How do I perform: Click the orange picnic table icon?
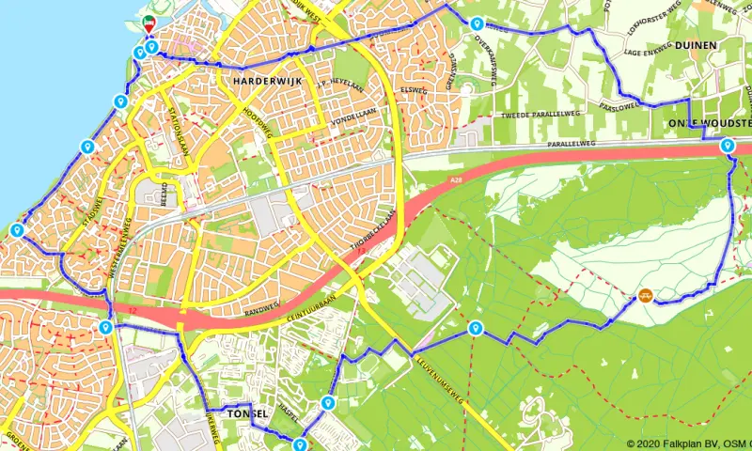(645, 295)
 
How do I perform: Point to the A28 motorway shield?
(457, 179)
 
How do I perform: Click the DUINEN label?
(696, 44)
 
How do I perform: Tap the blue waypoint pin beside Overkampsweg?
(478, 23)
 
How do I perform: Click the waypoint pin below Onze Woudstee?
(727, 146)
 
